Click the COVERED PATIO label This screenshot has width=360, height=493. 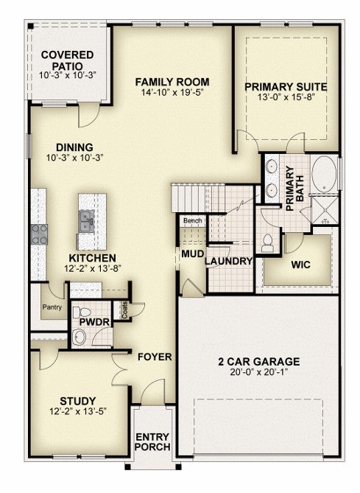67,60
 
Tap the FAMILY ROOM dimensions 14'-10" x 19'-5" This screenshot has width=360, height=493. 172,92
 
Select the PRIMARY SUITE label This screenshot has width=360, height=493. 286,87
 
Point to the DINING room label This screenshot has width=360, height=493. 74,147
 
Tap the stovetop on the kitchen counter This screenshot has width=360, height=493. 39,234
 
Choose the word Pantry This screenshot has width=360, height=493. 52,307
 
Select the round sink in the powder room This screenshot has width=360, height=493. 79,338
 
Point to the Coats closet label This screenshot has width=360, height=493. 124,310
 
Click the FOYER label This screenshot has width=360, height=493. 155,357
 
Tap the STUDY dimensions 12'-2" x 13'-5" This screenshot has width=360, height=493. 78,411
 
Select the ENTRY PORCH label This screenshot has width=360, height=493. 152,441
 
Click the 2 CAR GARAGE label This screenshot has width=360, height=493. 259,362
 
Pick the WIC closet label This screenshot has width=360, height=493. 300,265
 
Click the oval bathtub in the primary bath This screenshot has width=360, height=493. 324,174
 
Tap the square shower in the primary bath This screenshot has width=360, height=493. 325,210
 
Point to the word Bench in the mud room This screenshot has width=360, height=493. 193,221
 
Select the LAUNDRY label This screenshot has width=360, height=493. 229,261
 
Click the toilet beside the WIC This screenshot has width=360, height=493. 268,243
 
